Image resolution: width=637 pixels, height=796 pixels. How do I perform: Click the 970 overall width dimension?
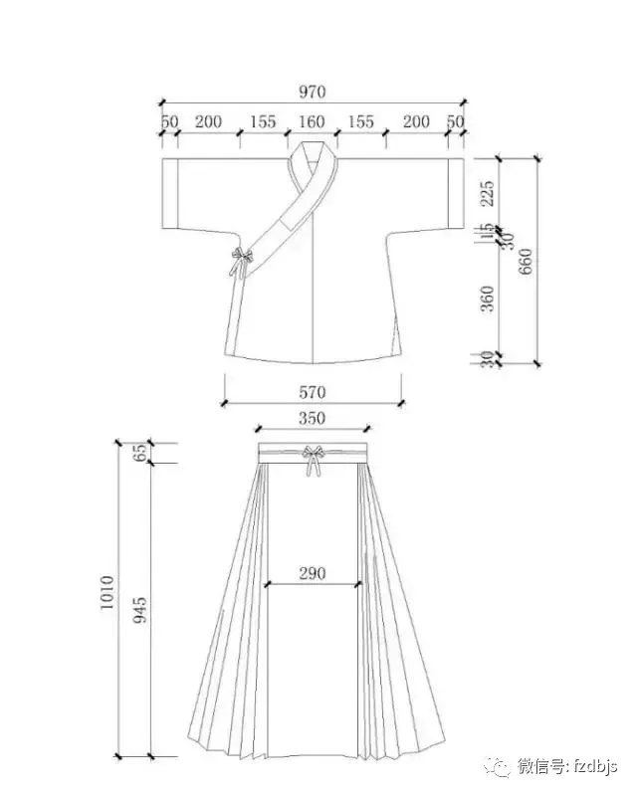[x=312, y=92]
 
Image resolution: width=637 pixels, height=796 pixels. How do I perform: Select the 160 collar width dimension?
[x=312, y=122]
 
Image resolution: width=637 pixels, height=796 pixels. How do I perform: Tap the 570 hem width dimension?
[x=312, y=393]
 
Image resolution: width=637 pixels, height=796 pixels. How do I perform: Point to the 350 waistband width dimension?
[x=312, y=419]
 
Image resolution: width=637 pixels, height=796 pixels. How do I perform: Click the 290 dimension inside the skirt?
[x=312, y=575]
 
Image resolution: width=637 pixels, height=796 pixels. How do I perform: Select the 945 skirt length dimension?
[x=140, y=609]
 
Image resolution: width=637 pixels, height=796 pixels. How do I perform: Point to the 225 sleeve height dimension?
[x=487, y=192]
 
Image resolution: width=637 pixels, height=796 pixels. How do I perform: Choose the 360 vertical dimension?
[x=487, y=298]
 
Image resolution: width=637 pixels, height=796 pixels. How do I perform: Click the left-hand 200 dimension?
[x=208, y=122]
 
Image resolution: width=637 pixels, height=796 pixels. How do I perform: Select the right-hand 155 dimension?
[x=361, y=122]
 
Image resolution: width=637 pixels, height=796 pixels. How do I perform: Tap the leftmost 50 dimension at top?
[x=168, y=122]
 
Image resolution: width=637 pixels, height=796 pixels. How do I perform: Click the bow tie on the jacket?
[x=240, y=262]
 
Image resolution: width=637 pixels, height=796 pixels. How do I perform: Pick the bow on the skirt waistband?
[x=315, y=461]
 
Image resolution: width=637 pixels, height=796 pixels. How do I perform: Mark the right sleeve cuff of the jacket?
[x=455, y=192]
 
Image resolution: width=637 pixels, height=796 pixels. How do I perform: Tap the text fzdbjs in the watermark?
[x=594, y=766]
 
